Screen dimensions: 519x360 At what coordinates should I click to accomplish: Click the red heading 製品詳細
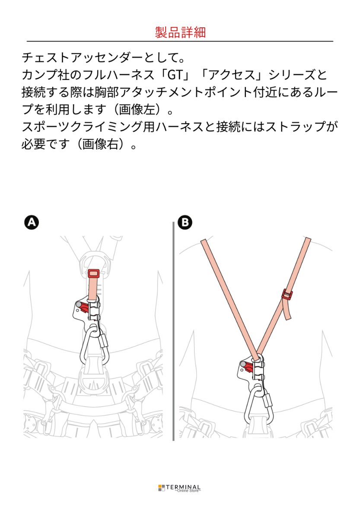point(180,32)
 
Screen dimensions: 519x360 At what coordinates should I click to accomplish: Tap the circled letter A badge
point(31,222)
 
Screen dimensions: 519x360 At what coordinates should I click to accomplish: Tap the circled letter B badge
point(185,222)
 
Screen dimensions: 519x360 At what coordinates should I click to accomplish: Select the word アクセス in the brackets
point(232,75)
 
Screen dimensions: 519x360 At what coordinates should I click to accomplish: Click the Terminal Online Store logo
point(180,488)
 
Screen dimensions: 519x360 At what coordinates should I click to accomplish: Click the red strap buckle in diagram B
point(287,295)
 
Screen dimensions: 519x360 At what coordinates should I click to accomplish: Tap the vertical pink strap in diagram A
point(93,288)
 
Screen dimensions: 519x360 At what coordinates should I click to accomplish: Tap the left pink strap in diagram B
point(229,298)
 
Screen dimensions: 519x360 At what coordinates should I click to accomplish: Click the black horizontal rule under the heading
point(180,41)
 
